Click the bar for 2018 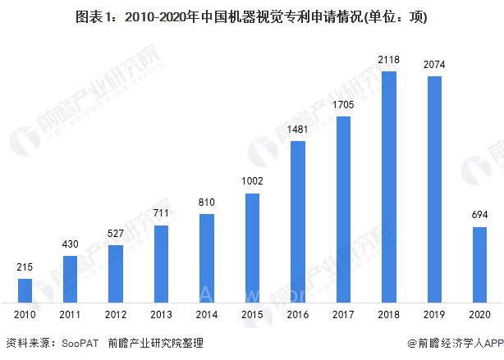[390, 186]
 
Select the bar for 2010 [25, 290]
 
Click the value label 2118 [390, 60]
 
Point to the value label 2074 [435, 65]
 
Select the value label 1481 [299, 129]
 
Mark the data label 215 [25, 267]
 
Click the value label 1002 [253, 181]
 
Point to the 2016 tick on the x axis [299, 313]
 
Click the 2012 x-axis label [116, 313]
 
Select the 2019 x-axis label [435, 313]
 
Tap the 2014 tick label [207, 313]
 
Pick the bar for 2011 [71, 279]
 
